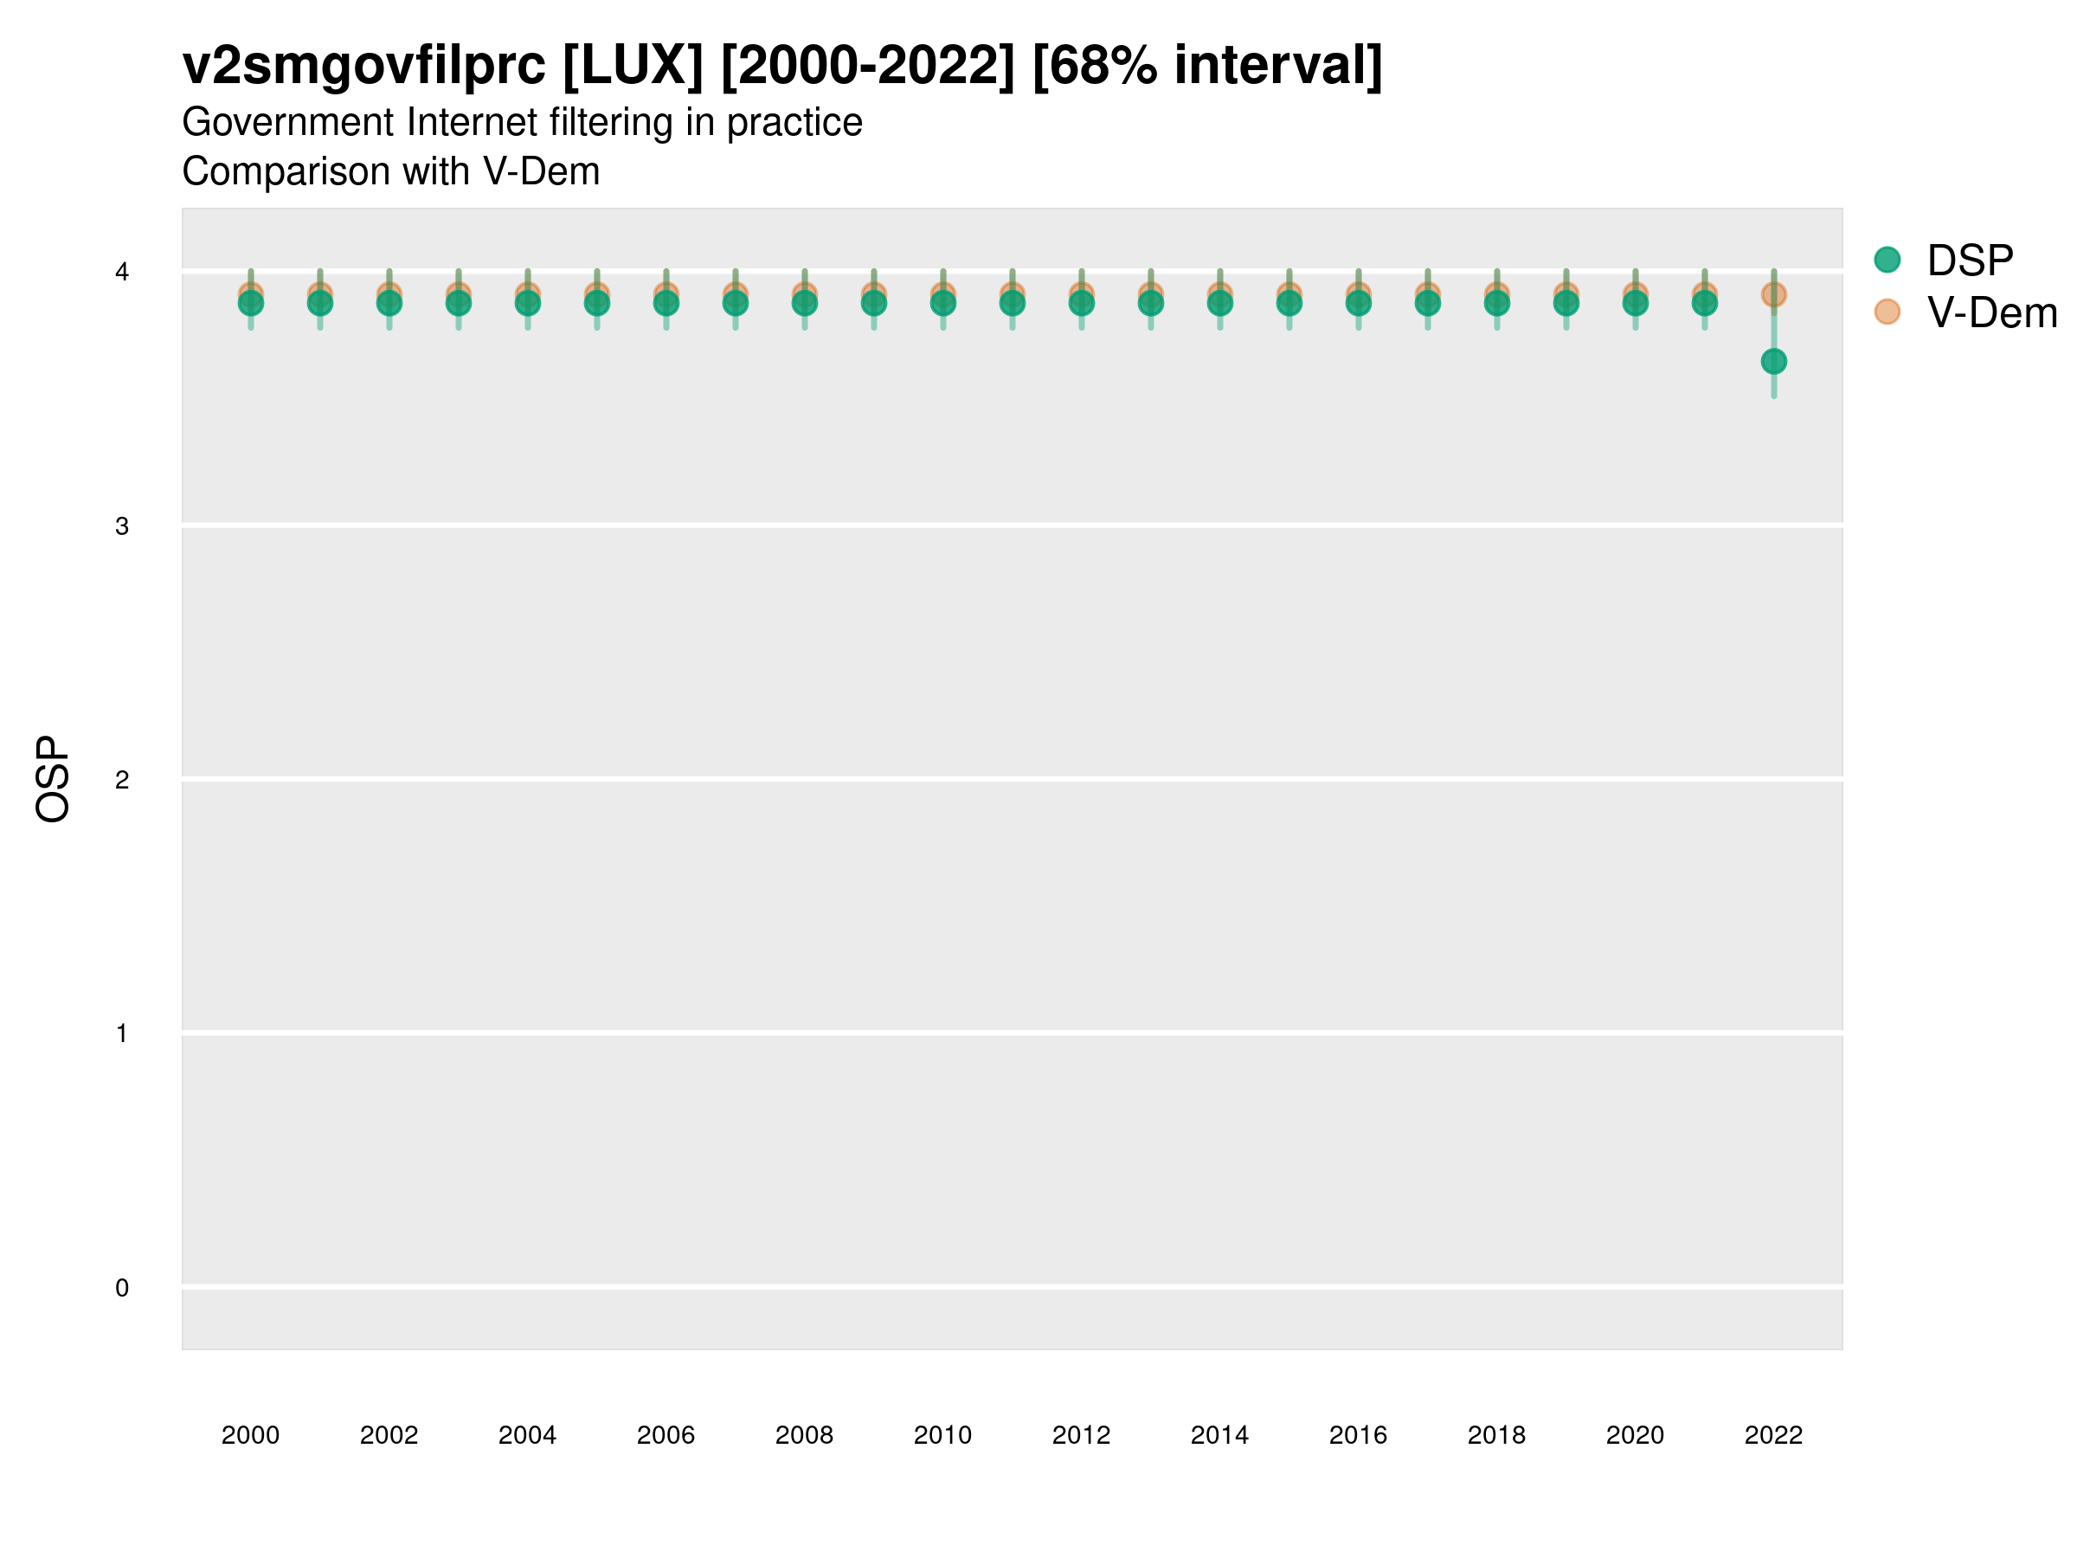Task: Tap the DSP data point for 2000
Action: [251, 303]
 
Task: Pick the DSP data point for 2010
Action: [942, 303]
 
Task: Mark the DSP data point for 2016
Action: [1358, 303]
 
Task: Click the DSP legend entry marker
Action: [1887, 261]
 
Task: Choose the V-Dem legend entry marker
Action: [1887, 312]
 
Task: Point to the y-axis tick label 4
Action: [122, 273]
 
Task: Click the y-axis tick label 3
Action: [122, 526]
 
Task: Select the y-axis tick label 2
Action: [122, 780]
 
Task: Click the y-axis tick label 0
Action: [122, 1288]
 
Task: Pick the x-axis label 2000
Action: [251, 1435]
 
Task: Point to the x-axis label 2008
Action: [805, 1435]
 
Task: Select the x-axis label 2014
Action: [1219, 1435]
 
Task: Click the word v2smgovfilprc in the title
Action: [364, 67]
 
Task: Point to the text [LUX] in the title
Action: [632, 67]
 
